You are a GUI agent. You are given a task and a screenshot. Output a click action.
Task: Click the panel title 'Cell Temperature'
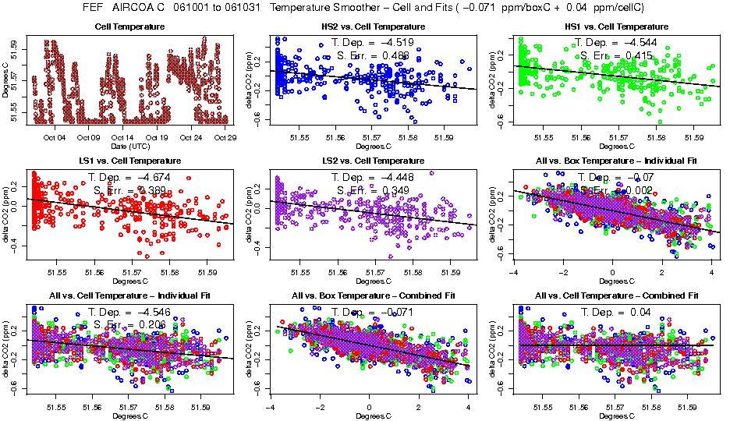129,27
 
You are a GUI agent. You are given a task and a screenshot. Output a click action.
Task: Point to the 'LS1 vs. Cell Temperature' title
129,161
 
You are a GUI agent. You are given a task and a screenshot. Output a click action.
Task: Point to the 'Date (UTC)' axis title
129,146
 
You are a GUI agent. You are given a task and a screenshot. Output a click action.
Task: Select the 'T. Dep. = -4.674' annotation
126,177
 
